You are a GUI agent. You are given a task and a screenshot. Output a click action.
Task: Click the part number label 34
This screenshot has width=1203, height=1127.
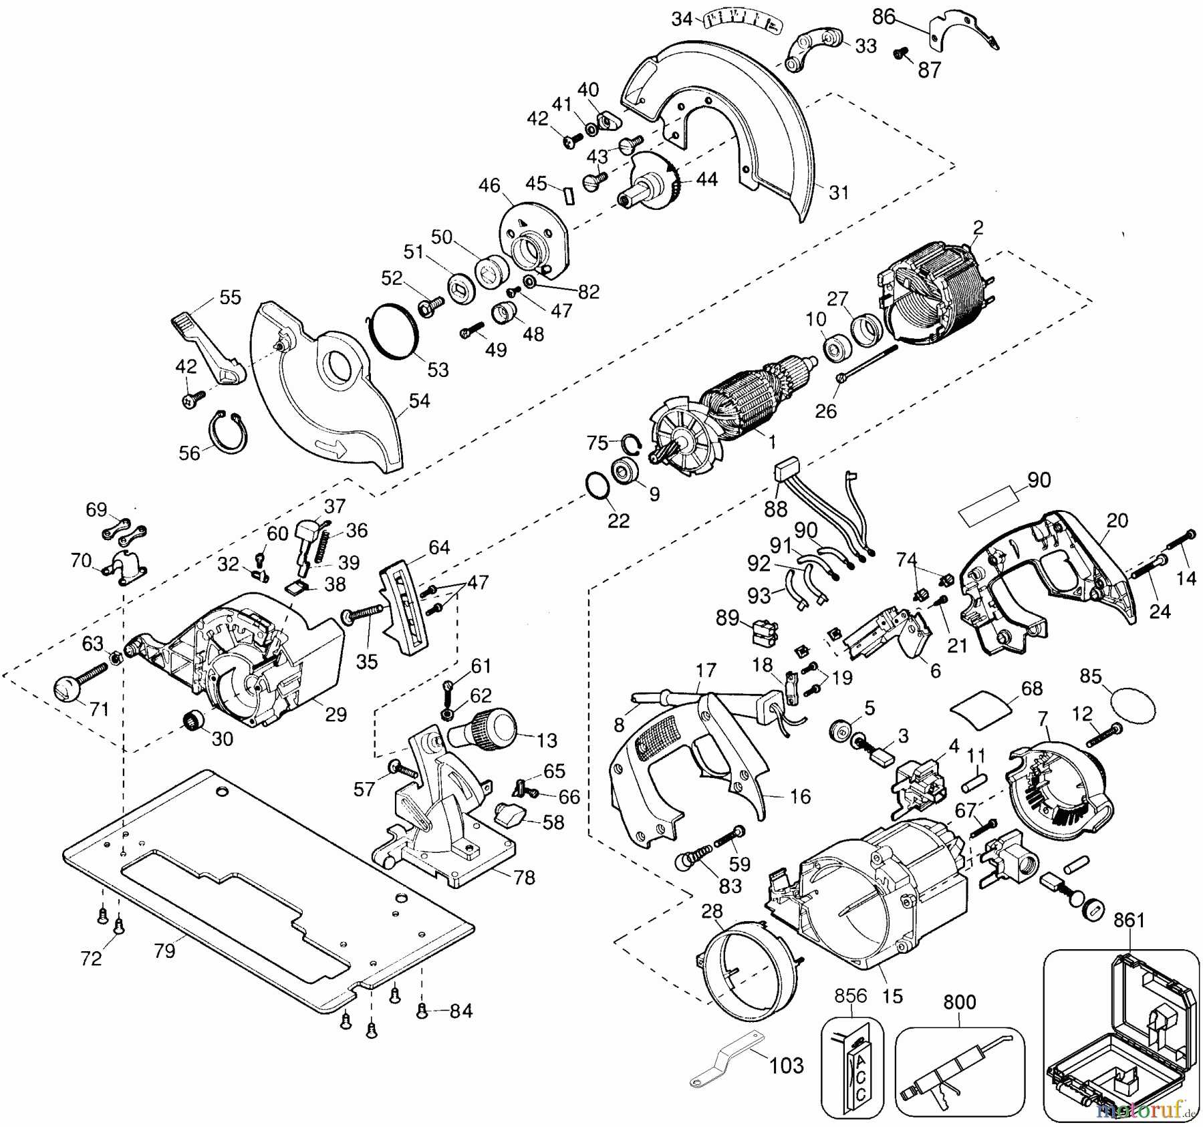coord(682,19)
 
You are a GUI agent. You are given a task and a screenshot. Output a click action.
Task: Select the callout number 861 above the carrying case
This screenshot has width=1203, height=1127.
coord(1129,920)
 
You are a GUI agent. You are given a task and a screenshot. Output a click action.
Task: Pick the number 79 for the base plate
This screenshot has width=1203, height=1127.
coord(164,950)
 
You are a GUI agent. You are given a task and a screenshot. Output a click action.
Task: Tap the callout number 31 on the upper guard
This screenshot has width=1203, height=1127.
coord(838,193)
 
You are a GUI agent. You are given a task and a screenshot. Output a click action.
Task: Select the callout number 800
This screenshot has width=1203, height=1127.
coord(959,1002)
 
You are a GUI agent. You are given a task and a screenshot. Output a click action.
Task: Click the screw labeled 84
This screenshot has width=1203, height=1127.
coord(422,1012)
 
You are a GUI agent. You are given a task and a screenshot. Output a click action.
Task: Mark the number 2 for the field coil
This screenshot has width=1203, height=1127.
coord(978,228)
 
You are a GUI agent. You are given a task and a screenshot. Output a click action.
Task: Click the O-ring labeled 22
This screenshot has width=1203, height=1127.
coord(596,485)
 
